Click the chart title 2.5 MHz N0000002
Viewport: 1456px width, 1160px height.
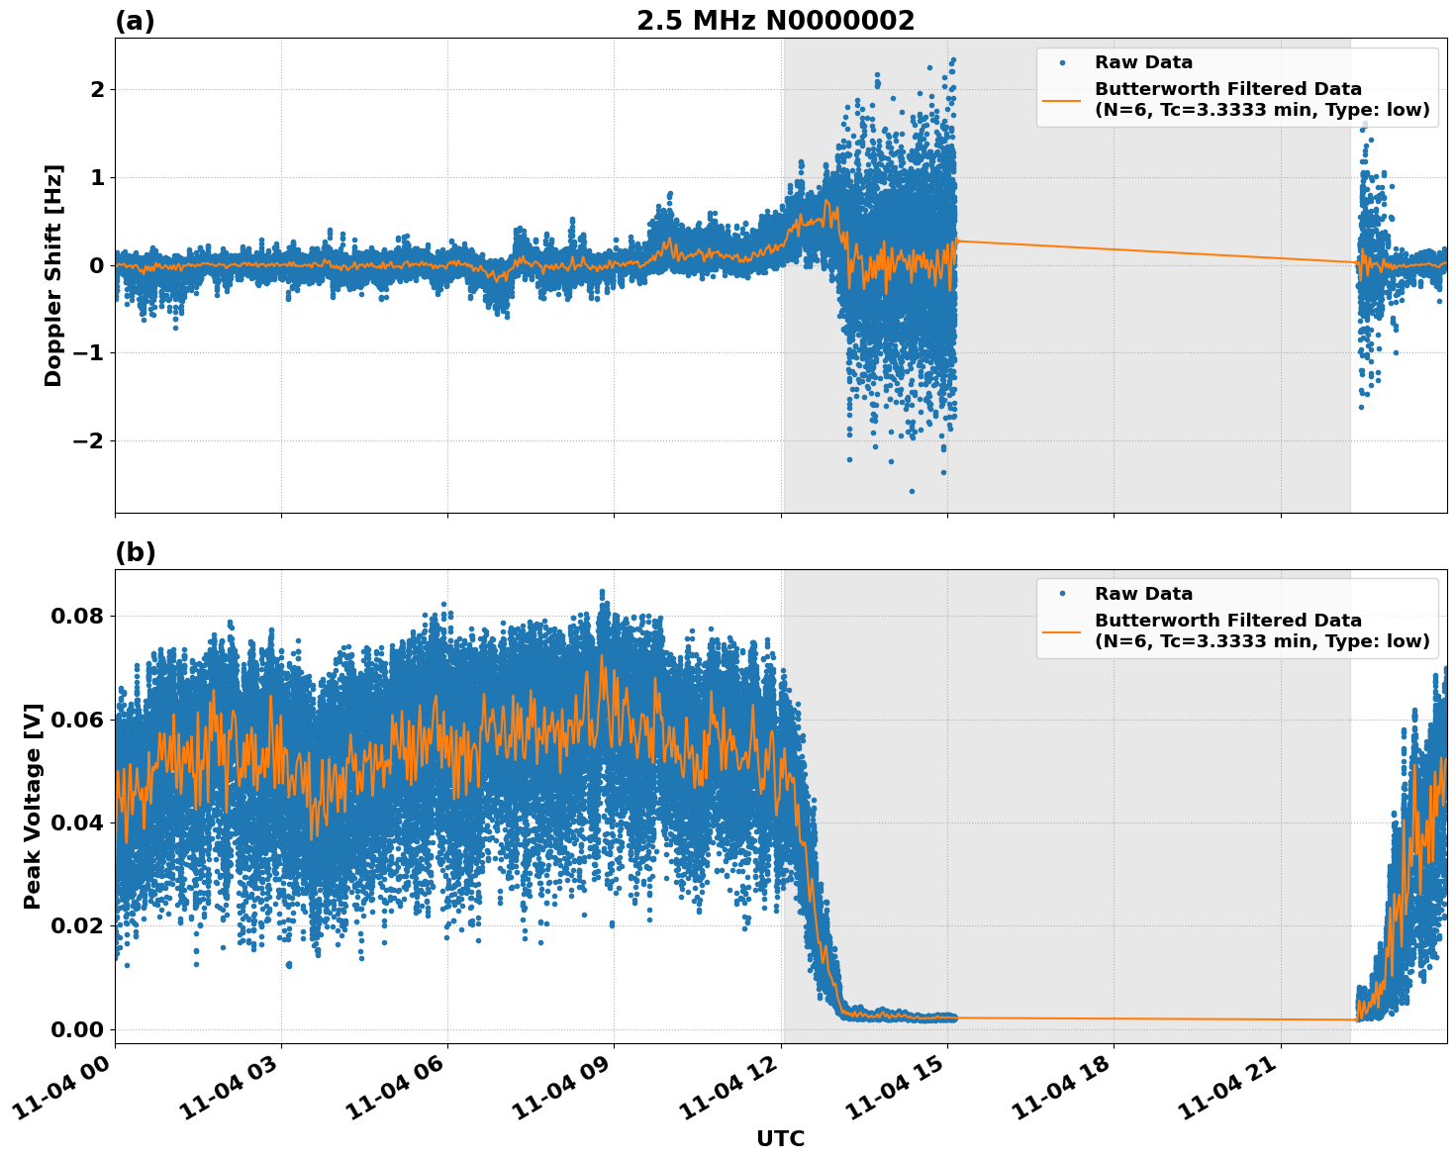775,21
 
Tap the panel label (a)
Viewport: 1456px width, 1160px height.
135,21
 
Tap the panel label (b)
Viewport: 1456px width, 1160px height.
135,552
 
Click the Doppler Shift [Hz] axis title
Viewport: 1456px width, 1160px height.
53,275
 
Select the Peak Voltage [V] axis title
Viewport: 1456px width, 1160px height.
33,806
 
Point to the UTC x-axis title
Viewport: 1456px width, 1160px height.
780,1138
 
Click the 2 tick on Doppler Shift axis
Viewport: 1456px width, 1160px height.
98,89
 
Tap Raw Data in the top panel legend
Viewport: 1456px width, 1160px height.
1143,62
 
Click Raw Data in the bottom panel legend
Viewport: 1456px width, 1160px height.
1143,594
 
